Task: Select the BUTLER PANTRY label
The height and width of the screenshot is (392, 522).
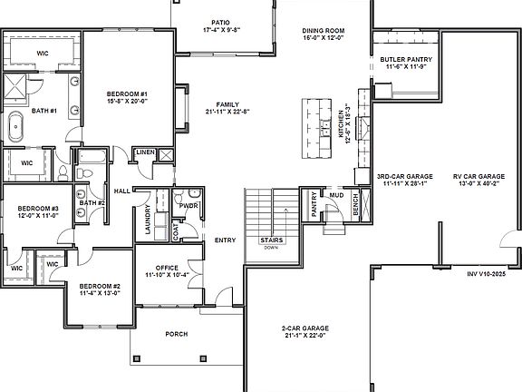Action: click(406, 60)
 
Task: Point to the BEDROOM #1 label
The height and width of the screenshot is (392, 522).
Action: click(127, 94)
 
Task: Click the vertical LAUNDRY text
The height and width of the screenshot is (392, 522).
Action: click(147, 219)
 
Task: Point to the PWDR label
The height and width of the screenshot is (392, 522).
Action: click(189, 205)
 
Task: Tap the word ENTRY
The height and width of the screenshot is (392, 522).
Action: click(225, 240)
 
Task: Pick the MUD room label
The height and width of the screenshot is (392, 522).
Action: click(336, 194)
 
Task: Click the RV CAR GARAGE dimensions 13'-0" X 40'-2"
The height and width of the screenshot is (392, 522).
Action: click(478, 183)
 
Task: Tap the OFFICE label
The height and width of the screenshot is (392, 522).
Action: click(166, 267)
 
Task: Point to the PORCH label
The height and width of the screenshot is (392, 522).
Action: click(177, 334)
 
